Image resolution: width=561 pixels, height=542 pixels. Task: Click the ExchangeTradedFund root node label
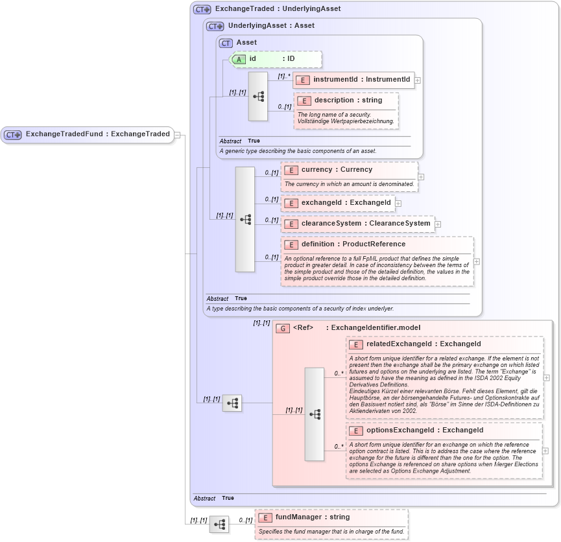click(97, 134)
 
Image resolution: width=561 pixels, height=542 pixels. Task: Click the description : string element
click(348, 100)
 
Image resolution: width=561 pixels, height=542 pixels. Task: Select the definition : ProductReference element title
click(353, 244)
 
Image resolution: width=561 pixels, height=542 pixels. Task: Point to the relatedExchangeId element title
click(424, 344)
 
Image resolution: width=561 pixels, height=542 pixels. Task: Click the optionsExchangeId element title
click(424, 430)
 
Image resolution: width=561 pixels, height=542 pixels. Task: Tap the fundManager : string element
click(312, 517)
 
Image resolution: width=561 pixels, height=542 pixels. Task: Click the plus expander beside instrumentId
click(418, 80)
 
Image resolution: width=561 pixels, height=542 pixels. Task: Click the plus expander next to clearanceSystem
click(438, 224)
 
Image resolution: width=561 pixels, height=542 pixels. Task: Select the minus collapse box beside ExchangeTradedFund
click(178, 135)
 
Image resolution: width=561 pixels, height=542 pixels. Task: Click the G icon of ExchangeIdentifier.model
click(282, 328)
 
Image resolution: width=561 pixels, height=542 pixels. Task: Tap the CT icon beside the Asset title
click(226, 43)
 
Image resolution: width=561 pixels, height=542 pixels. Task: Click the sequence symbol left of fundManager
click(219, 524)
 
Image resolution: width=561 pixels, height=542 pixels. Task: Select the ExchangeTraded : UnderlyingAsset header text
click(278, 9)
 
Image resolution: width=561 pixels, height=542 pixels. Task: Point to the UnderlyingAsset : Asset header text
click(271, 26)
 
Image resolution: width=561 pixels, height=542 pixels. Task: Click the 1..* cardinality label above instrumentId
click(283, 76)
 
